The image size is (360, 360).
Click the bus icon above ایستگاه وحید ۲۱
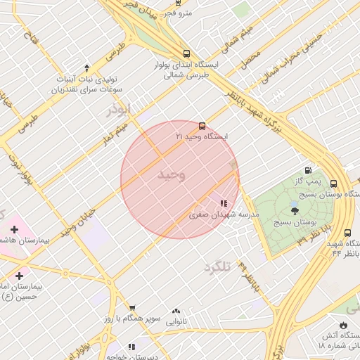coord(202,127)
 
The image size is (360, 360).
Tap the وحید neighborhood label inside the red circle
coord(171,175)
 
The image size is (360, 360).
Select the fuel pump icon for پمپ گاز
coord(308,171)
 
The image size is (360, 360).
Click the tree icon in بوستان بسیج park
coord(295,210)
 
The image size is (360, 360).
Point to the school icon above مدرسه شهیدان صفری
coord(224,203)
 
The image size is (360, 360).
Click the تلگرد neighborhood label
coord(217,267)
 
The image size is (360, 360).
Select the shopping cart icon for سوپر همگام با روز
coord(131,308)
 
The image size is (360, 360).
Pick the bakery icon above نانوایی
coord(176,311)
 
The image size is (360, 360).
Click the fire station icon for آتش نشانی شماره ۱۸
coord(343,326)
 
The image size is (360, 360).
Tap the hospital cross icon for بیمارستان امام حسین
coord(18,276)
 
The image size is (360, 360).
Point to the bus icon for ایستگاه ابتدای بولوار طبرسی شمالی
coord(186,53)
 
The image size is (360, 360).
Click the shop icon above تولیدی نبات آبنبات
coord(86,68)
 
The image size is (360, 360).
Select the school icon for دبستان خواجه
coord(131,347)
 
